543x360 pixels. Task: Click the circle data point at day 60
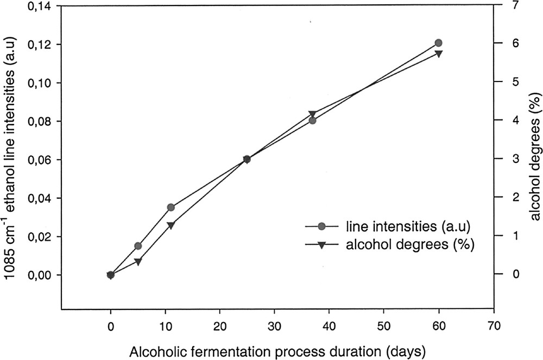438,43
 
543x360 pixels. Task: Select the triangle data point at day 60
438,54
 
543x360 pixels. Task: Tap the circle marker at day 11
171,207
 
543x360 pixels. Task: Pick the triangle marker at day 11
171,225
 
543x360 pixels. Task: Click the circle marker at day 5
138,246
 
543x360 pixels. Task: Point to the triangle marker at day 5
138,262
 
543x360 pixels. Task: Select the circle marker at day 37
312,120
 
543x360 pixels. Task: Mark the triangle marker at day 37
312,114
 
